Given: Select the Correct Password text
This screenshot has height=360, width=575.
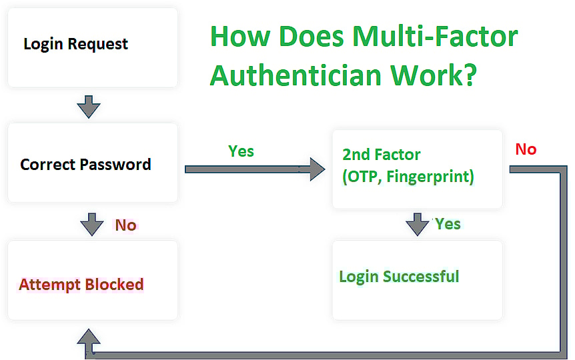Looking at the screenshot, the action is coord(85,165).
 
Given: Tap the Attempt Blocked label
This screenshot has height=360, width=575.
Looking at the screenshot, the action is coord(81,285).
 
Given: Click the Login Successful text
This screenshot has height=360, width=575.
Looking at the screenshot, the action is coord(399,277).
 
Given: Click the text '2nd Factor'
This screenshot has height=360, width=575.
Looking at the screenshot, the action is coord(382,155).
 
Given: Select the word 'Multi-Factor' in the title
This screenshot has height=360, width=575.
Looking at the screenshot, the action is coord(435,36).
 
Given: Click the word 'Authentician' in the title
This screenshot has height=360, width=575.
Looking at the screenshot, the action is coord(296,75).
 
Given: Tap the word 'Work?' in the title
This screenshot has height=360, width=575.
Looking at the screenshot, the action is coord(434,75).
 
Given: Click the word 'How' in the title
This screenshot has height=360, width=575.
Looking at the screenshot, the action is coord(240,36).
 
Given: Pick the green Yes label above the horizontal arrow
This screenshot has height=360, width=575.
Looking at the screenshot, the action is coord(241,151).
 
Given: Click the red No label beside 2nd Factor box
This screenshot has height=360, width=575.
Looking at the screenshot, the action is coord(526,149).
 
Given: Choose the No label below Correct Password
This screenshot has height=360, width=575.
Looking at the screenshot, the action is coord(126,225).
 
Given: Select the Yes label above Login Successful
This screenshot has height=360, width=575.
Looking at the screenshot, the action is coord(448,224).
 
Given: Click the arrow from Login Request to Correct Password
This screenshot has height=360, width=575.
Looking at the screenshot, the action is coord(89,107).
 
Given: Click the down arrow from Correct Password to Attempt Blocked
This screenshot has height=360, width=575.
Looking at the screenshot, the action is coord(91,224).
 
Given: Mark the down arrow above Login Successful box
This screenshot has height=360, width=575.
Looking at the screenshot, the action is coord(418,224).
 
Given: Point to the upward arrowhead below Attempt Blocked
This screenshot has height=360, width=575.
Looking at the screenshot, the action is coord(89,336).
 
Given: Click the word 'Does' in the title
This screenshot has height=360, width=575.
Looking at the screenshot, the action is coord(312,36).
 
